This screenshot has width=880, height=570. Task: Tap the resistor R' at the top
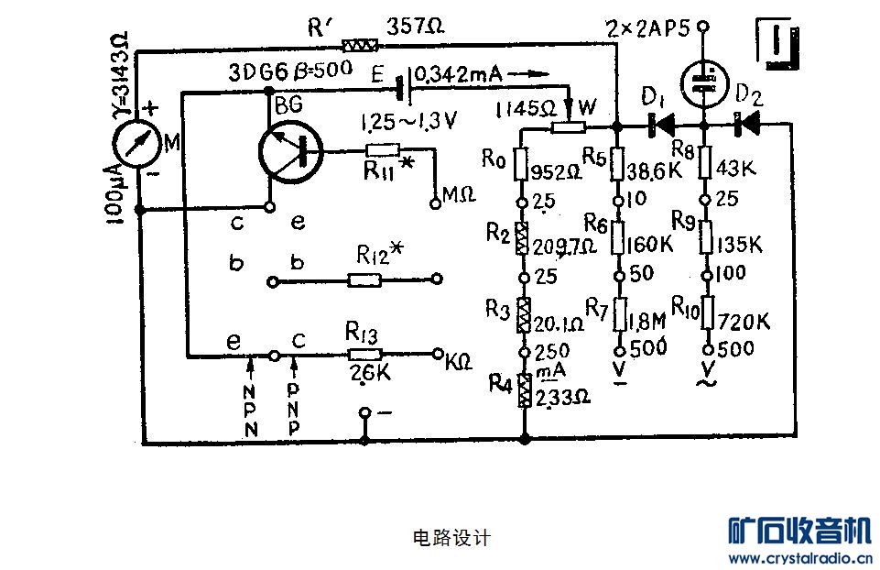pos(359,45)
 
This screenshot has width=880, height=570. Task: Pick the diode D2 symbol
pos(749,124)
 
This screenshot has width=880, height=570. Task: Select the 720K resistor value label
pos(744,321)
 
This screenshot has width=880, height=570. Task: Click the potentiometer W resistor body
pos(570,127)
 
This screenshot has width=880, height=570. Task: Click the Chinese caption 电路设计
pos(440,538)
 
